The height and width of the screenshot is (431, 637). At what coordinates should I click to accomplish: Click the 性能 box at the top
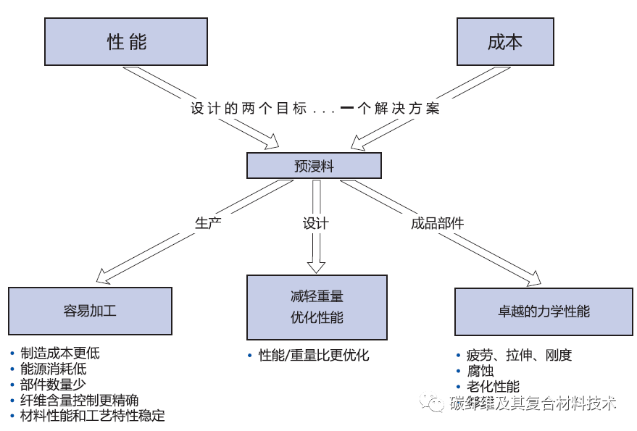tap(127, 41)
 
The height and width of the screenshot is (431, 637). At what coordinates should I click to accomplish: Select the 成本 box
tap(504, 41)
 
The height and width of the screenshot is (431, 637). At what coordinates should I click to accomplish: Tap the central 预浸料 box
tap(314, 166)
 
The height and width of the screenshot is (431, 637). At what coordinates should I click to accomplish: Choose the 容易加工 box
tap(90, 311)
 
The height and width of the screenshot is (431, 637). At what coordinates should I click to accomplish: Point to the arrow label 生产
tap(208, 222)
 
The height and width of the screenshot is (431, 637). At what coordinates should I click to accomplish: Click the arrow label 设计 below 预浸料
tap(315, 223)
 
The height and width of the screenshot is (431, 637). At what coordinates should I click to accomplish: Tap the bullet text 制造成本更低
tap(60, 353)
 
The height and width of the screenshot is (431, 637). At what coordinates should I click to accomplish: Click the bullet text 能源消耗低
tap(54, 369)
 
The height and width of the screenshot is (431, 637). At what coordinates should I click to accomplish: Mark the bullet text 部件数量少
tap(54, 385)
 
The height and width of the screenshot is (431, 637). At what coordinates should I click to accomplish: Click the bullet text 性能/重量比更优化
tap(314, 355)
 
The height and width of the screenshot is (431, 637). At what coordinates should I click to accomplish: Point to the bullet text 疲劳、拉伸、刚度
tap(519, 355)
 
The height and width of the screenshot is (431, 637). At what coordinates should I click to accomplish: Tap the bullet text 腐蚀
tap(480, 371)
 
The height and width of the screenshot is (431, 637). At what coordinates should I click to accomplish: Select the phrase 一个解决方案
tap(389, 109)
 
